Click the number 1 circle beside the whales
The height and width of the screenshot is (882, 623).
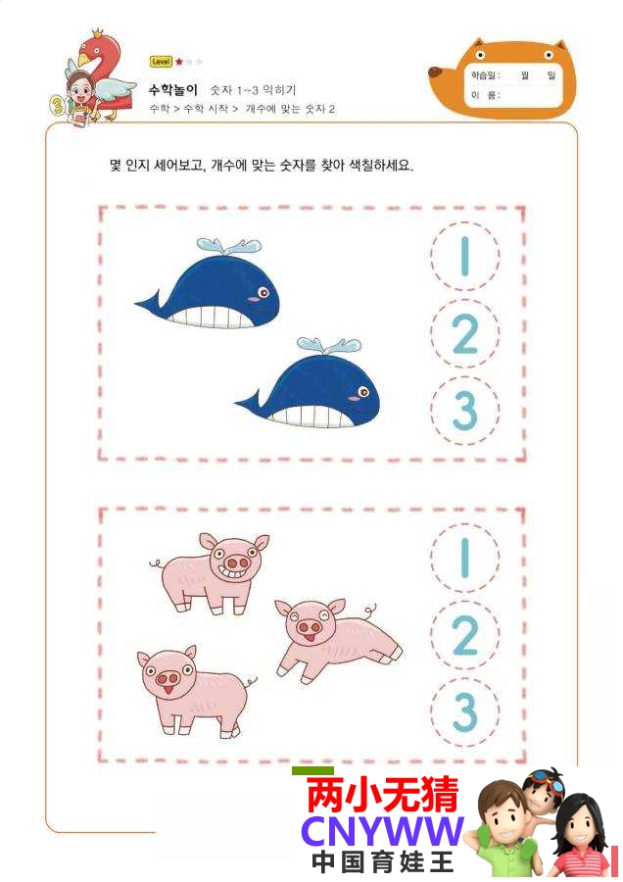(x=465, y=257)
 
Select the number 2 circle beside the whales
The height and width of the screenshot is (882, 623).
(x=465, y=333)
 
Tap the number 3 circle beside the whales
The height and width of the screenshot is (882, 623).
(x=465, y=410)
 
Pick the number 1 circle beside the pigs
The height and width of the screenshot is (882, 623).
(x=465, y=558)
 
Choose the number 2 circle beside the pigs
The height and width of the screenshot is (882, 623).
(x=465, y=635)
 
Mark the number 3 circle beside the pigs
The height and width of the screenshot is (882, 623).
(x=465, y=711)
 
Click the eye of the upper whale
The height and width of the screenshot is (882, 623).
(x=263, y=291)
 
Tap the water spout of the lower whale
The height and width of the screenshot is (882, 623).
(x=328, y=345)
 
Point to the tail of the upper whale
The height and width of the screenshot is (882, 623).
(x=149, y=301)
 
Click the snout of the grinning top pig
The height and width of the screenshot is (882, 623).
(x=236, y=562)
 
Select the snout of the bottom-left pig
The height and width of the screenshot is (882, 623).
(x=168, y=679)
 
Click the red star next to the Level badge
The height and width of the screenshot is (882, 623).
(x=179, y=62)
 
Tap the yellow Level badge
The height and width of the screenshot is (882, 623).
(x=161, y=62)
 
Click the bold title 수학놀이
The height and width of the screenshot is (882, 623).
(x=173, y=89)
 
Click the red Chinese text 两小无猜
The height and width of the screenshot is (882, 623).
(x=383, y=794)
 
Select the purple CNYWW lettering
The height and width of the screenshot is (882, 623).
(x=382, y=831)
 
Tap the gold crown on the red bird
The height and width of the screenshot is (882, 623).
(x=98, y=32)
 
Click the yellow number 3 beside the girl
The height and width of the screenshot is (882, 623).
(x=58, y=105)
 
